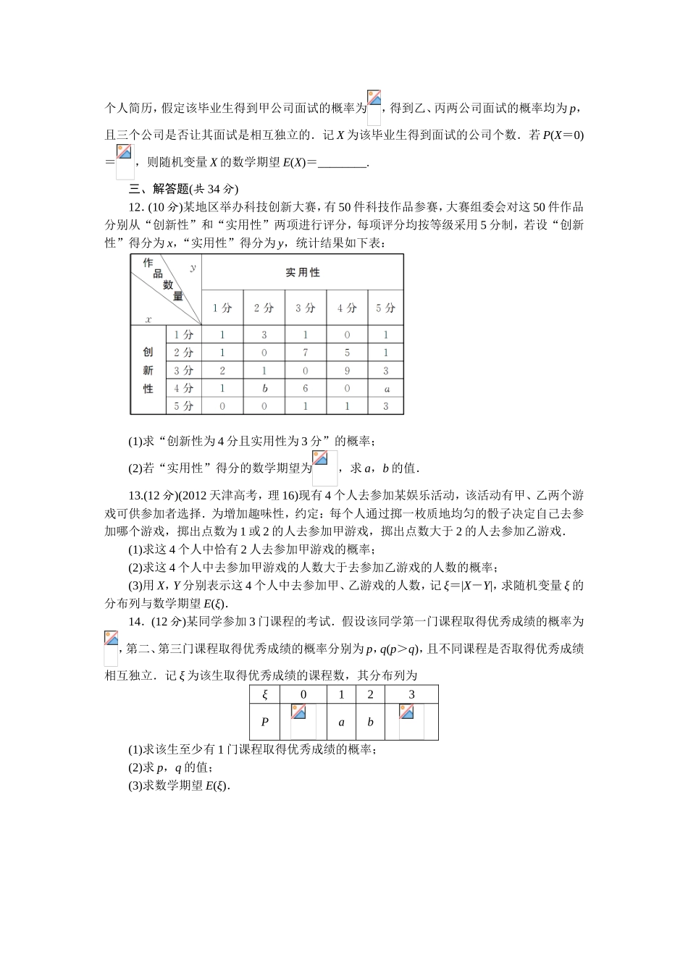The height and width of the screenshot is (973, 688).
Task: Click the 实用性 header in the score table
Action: (x=302, y=272)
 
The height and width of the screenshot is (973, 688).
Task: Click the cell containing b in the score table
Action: (x=264, y=389)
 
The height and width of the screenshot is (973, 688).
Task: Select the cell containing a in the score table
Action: (x=387, y=389)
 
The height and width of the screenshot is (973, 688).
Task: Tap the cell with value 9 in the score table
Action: (x=347, y=371)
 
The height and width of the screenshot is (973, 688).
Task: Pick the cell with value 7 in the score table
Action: (x=306, y=353)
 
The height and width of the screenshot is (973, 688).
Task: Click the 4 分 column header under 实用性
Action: (x=347, y=308)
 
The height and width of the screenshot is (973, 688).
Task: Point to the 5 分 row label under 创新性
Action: (x=184, y=406)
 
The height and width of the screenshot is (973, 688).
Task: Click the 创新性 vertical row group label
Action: (x=148, y=370)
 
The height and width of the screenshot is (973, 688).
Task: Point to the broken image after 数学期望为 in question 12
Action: (x=324, y=467)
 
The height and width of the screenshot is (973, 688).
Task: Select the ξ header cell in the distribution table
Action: (x=265, y=694)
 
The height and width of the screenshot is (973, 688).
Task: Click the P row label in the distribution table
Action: (x=265, y=722)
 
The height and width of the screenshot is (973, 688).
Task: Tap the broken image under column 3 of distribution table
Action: (x=411, y=721)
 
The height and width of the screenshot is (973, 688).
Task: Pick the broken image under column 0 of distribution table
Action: (x=303, y=721)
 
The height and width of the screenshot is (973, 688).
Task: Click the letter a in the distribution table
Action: (x=342, y=722)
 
